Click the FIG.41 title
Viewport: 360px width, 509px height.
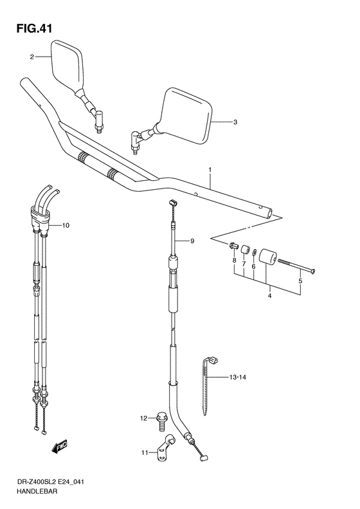34,28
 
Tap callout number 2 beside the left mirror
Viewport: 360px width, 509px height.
32,57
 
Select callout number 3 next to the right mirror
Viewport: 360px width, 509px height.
235,122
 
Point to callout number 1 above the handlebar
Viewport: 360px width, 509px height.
210,169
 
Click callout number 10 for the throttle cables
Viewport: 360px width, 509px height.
66,225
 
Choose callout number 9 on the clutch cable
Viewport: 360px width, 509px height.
192,241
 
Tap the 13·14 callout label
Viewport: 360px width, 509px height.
238,377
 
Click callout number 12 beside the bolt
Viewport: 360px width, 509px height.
143,418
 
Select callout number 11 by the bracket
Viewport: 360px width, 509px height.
145,452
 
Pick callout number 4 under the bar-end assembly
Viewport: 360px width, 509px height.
269,296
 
